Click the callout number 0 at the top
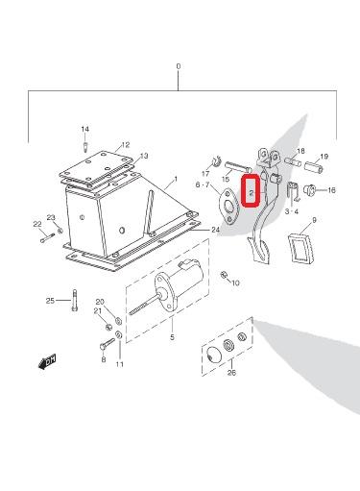179,66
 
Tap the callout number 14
84,129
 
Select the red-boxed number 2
252,193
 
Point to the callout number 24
215,230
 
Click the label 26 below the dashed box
231,373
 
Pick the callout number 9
314,220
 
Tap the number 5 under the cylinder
172,337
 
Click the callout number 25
50,301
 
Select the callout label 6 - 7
203,184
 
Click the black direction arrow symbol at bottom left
47,361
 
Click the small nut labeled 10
224,275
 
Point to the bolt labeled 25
75,300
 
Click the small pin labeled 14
85,147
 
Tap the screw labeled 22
47,237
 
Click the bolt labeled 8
107,344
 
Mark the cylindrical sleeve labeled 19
314,167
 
